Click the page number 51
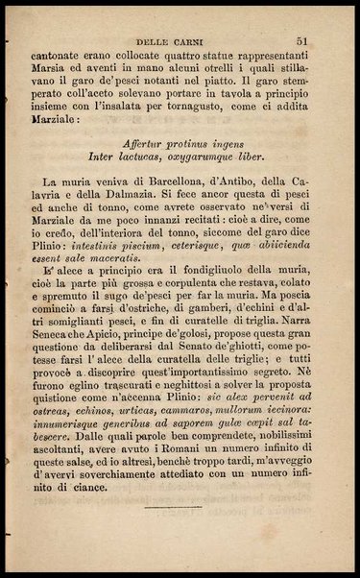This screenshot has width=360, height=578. coord(301,41)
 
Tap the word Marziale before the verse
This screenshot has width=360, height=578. coord(54,121)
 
